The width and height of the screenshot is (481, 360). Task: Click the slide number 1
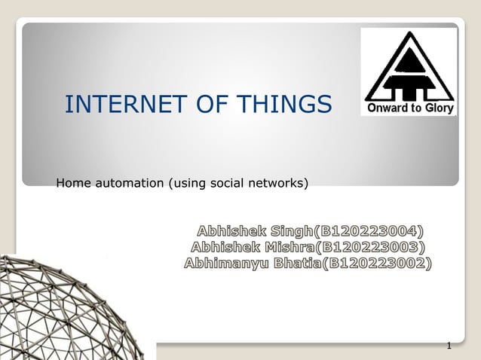tap(449, 346)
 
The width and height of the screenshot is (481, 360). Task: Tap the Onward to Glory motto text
tap(409, 108)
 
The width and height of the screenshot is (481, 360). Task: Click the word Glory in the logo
tap(439, 108)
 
